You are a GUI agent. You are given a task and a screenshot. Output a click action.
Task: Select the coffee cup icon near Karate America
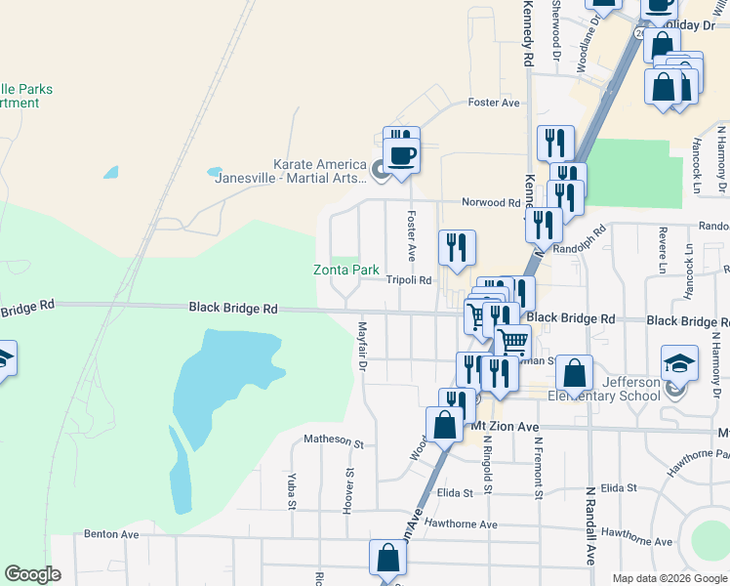tap(401, 154)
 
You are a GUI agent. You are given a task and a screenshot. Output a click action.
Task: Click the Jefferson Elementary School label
tap(605, 389)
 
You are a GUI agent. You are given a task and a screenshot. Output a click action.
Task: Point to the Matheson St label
tap(333, 440)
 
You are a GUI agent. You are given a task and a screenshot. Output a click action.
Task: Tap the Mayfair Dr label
tap(362, 347)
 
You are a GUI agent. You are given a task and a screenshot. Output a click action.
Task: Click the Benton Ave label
tap(112, 534)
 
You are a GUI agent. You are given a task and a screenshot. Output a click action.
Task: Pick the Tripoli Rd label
tap(409, 280)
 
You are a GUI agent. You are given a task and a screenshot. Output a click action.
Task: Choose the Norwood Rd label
tap(491, 203)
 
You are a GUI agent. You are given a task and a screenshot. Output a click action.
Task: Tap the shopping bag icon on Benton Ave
tap(387, 560)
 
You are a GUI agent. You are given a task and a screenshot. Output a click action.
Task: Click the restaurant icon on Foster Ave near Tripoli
tap(457, 249)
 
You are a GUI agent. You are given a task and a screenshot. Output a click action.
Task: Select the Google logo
tap(32, 574)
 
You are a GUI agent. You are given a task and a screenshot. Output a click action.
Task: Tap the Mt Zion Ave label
tap(506, 427)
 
